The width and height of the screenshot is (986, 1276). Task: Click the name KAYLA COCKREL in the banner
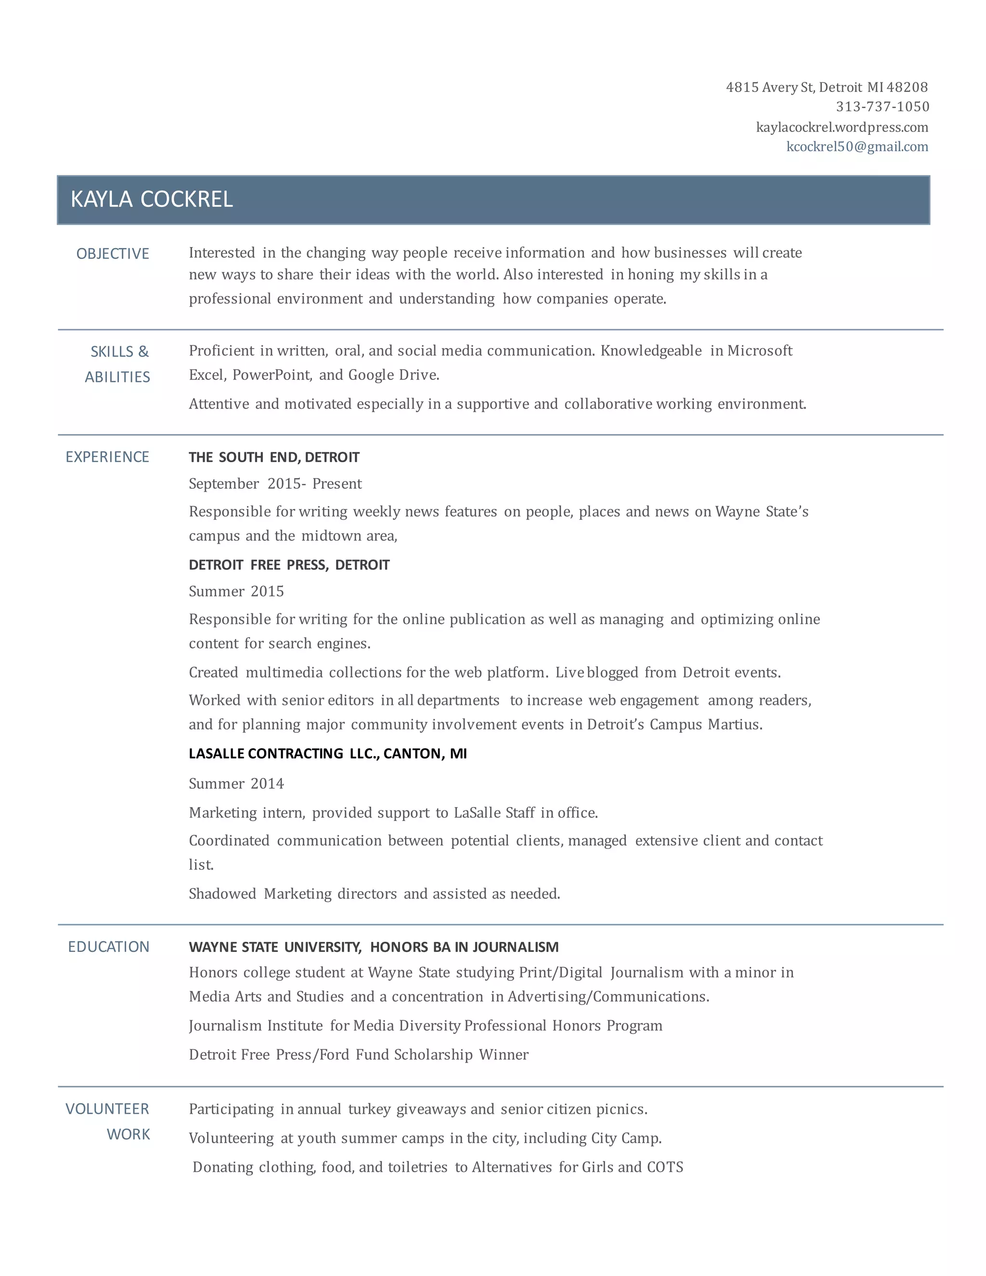[151, 199]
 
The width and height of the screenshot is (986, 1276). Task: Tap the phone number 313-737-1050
[882, 106]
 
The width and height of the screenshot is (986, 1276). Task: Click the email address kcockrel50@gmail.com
[857, 147]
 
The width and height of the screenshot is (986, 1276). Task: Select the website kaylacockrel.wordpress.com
[842, 127]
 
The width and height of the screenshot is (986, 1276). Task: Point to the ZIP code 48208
[907, 87]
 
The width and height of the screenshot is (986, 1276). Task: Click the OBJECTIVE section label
[113, 254]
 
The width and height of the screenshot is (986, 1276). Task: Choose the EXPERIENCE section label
[107, 457]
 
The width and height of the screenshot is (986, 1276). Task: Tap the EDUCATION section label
[109, 947]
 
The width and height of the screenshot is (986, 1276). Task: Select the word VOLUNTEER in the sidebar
[107, 1109]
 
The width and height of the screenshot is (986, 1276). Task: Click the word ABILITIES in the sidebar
[117, 377]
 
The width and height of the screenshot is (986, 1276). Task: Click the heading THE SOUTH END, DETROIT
[274, 457]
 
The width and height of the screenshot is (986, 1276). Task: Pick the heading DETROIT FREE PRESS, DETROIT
[289, 564]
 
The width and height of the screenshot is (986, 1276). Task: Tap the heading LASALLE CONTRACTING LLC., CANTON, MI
[328, 753]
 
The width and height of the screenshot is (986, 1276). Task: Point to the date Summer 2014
[236, 783]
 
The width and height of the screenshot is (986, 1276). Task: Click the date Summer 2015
[236, 591]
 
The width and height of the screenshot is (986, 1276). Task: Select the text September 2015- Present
[275, 484]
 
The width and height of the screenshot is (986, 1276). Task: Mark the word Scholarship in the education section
[433, 1054]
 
